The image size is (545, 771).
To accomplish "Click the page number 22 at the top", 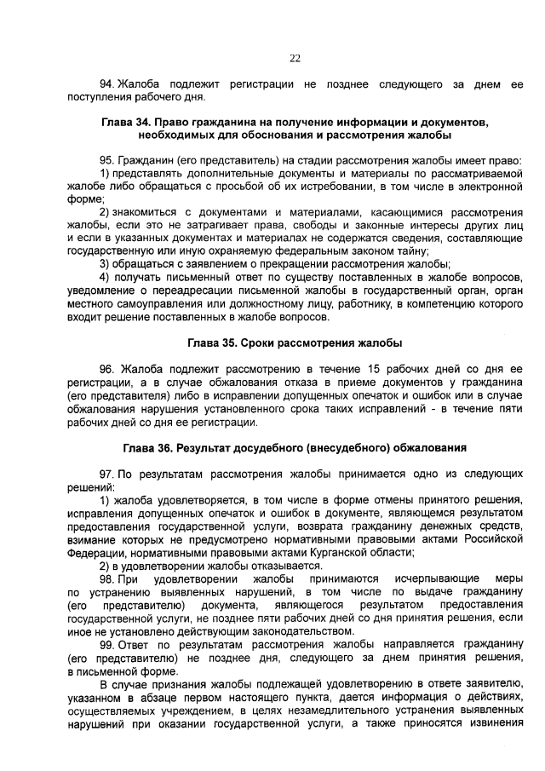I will [x=295, y=58].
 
